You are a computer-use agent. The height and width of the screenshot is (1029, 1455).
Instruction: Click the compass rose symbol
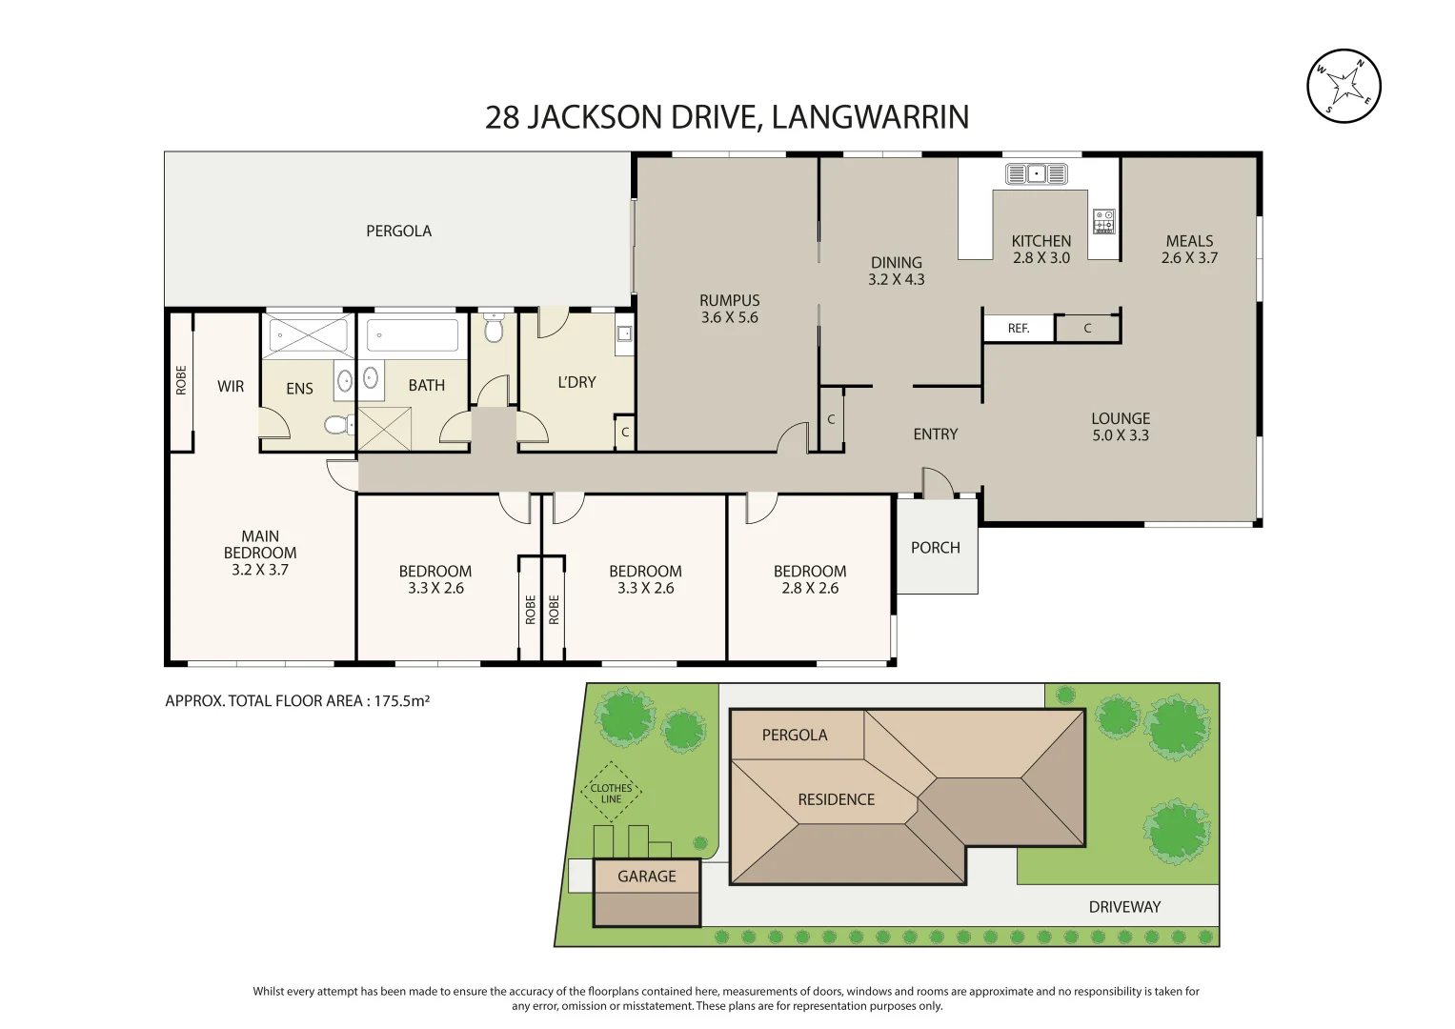click(1344, 86)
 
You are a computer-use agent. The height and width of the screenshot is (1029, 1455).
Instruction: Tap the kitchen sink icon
click(1037, 173)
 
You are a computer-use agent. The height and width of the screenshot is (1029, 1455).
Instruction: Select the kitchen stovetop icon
click(1103, 221)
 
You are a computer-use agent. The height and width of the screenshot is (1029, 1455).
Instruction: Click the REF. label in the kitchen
click(1019, 329)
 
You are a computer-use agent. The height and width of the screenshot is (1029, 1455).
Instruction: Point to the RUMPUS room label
click(729, 301)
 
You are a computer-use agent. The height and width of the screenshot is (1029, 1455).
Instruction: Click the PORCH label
click(935, 548)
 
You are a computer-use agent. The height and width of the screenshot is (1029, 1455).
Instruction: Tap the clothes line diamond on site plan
click(611, 793)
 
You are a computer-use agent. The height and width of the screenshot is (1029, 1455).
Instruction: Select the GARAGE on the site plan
click(647, 892)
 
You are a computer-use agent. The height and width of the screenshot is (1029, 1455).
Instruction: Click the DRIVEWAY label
click(1124, 907)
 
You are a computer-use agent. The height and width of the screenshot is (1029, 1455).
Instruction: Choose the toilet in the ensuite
click(336, 424)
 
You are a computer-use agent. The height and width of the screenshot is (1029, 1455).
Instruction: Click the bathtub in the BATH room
click(413, 335)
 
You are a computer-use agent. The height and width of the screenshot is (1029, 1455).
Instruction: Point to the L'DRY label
click(576, 382)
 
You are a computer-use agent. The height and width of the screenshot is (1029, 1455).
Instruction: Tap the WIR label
click(231, 386)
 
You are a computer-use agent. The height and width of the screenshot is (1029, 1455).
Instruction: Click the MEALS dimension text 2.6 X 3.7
click(1189, 258)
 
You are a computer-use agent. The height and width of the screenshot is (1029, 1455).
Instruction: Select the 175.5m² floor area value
click(401, 701)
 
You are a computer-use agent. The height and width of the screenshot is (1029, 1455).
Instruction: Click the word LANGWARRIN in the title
click(870, 117)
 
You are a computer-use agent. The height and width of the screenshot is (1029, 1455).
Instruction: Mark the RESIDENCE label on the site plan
click(836, 799)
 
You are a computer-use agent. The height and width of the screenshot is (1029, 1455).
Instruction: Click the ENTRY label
click(935, 434)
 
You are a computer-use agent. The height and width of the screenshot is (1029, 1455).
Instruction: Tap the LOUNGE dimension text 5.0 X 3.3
click(1121, 435)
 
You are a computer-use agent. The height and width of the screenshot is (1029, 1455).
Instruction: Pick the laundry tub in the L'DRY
click(624, 333)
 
